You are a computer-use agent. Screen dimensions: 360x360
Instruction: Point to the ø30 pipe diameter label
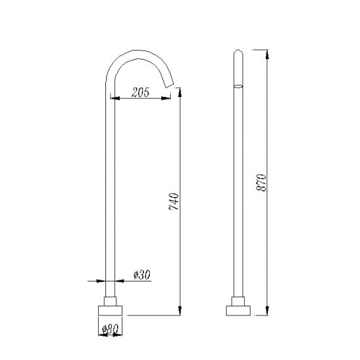(x=141, y=276)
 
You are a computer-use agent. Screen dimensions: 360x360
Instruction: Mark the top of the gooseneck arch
(x=140, y=51)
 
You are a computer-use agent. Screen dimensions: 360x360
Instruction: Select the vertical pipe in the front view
(x=109, y=196)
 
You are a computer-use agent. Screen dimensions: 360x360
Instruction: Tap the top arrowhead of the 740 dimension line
(x=179, y=96)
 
